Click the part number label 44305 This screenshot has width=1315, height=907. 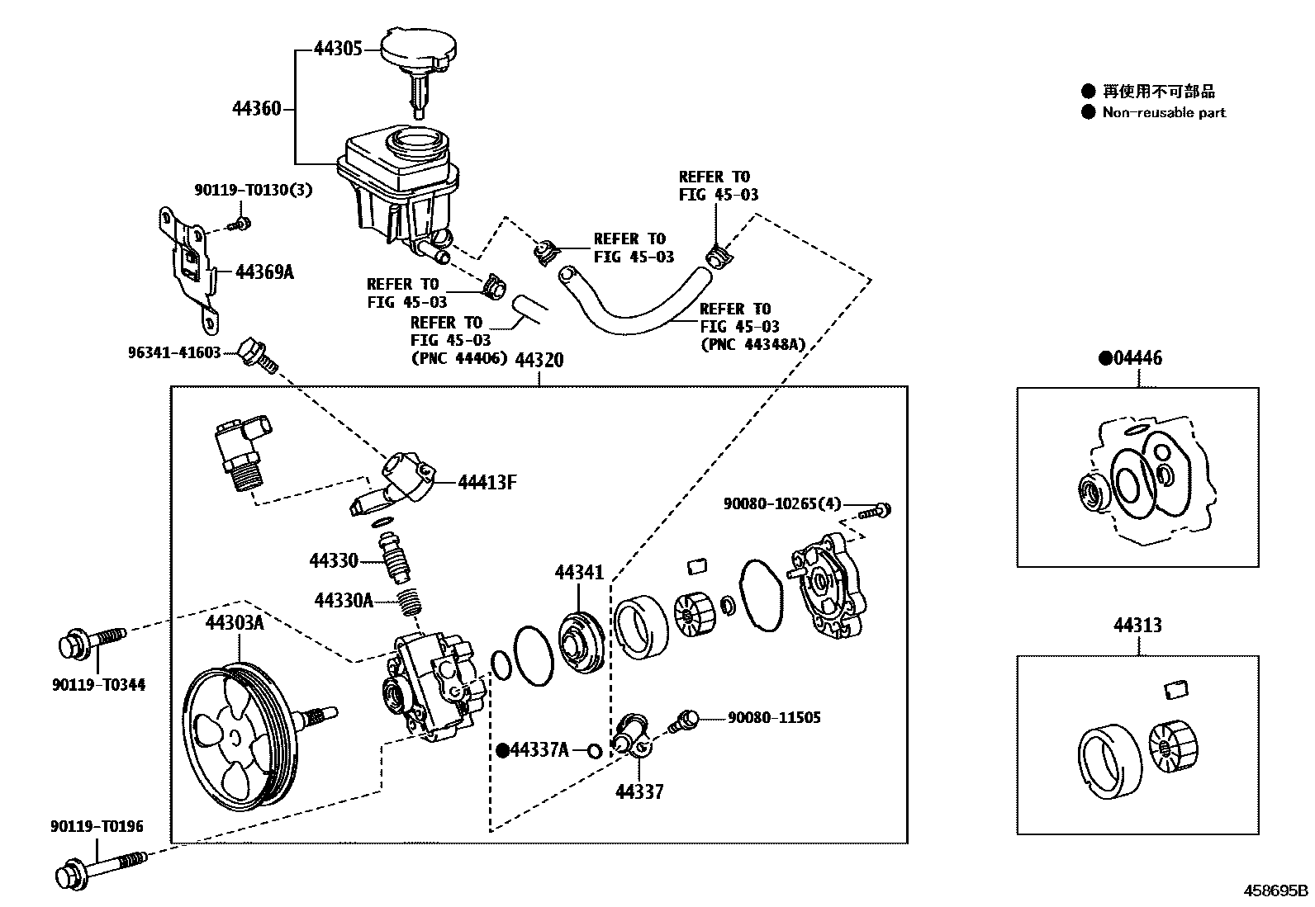(x=338, y=49)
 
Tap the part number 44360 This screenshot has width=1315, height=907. (x=256, y=108)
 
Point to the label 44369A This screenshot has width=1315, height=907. (x=264, y=271)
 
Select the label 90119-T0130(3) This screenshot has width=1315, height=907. (x=253, y=190)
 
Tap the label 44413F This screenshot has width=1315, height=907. (x=487, y=482)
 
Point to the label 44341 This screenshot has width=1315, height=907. (x=579, y=572)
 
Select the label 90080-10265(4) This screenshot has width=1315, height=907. (x=781, y=503)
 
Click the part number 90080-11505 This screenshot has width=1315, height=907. (x=774, y=717)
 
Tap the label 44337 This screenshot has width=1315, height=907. (x=639, y=791)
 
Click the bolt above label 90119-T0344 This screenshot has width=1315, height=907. (x=92, y=642)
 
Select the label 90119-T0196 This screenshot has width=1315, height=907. (x=96, y=826)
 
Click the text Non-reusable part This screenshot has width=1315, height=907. (x=1163, y=113)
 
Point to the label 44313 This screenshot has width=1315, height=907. (x=1137, y=625)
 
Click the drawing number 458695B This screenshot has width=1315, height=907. (x=1276, y=890)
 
